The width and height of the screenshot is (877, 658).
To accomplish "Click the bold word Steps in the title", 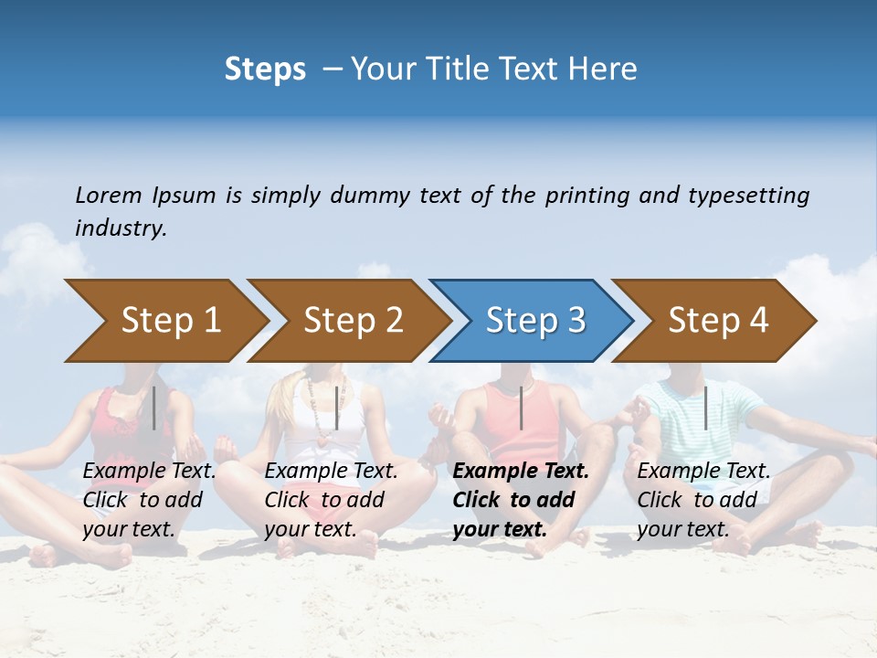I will click(x=265, y=69).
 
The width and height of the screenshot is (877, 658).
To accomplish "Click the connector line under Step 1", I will click(x=154, y=408).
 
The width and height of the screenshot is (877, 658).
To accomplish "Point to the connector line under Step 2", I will click(x=337, y=408).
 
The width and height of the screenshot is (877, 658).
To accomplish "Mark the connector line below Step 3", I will click(x=521, y=408).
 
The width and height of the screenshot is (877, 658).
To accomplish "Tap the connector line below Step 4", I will click(x=705, y=408).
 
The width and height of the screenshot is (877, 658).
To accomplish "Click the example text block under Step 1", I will click(x=149, y=500).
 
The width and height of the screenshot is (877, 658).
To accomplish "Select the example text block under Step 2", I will click(x=331, y=500).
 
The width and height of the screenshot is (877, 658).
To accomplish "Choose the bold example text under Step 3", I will click(x=520, y=500).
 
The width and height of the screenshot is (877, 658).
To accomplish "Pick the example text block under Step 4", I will click(x=703, y=500).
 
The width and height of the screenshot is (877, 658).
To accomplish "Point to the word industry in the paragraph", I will click(x=121, y=228).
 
